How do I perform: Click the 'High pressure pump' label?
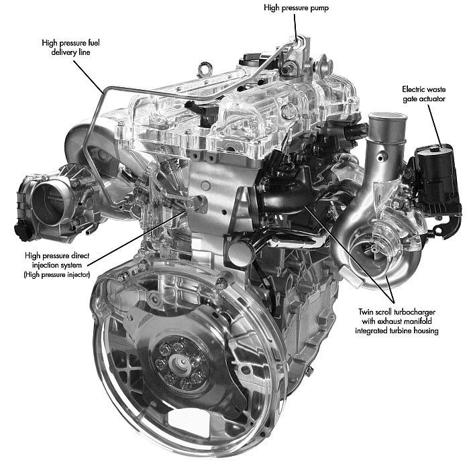tap(296, 7)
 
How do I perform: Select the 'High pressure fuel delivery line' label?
tap(70, 47)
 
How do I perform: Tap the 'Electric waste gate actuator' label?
tap(424, 94)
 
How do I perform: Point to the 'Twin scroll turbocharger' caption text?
tap(397, 312)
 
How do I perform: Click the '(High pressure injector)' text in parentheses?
tap(57, 275)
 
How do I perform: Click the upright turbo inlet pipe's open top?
tap(388, 117)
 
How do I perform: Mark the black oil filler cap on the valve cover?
tap(252, 60)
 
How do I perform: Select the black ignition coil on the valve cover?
tap(203, 112)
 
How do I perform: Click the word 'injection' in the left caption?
tap(44, 266)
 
